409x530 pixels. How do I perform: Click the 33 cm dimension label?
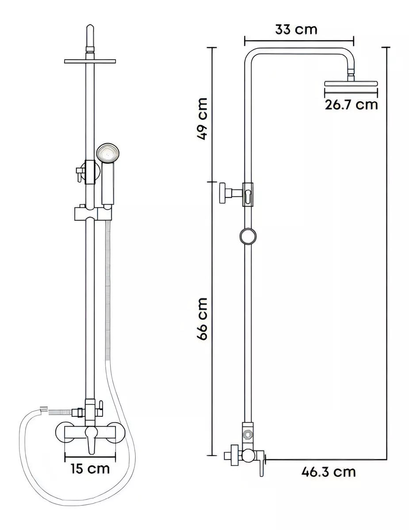tap(296, 30)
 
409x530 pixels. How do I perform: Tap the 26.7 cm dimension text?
tap(351, 104)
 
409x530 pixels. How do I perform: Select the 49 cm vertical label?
tap(202, 118)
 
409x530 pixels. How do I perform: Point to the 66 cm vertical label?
tap(202, 319)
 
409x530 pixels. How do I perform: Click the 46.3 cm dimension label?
tap(329, 472)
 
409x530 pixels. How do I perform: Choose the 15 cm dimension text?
tap(90, 469)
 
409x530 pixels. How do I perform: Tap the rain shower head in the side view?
tap(351, 83)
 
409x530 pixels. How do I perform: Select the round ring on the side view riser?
tap(248, 236)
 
